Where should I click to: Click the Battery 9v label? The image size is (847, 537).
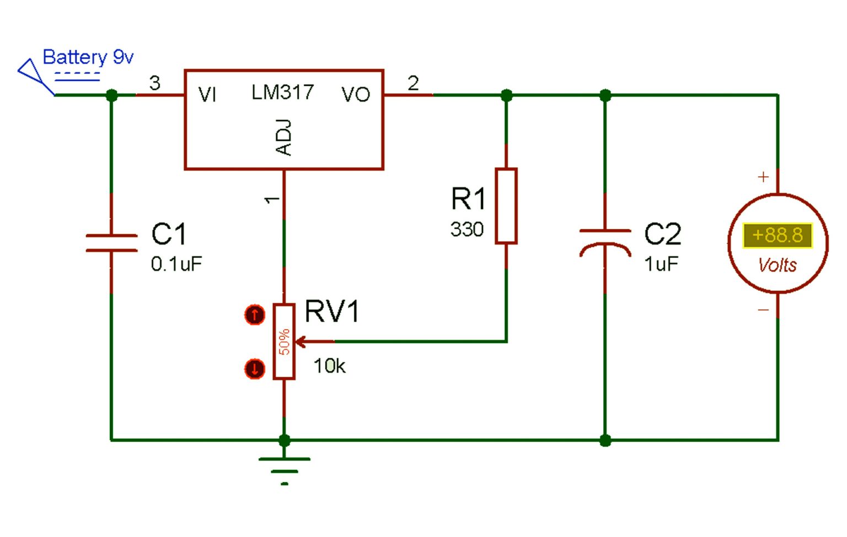(88, 57)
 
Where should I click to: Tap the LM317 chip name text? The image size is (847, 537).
(282, 92)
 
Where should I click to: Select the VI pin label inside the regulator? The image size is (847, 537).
(207, 95)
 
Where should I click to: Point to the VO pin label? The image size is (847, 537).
(355, 95)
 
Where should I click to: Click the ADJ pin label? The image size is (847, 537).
(283, 137)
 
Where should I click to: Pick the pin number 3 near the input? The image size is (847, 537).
(155, 83)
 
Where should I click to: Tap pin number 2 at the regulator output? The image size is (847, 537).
(413, 83)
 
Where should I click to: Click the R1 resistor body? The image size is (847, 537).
(506, 205)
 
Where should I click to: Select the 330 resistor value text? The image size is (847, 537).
(467, 229)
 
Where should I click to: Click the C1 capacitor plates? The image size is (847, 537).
(111, 243)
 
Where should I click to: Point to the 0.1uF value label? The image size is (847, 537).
(176, 264)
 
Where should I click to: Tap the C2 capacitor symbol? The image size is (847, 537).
(605, 242)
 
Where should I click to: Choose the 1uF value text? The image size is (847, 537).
(661, 264)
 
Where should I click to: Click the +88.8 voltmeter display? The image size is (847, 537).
(777, 235)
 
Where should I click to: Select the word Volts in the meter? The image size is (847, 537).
(777, 265)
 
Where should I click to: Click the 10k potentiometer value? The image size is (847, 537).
(329, 366)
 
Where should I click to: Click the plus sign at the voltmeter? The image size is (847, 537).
(763, 177)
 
